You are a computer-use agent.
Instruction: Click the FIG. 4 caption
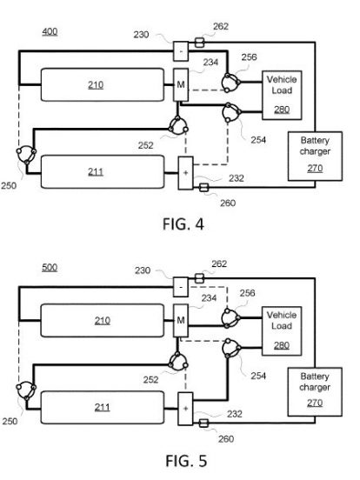click(x=183, y=224)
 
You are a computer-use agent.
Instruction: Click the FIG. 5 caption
click(x=186, y=461)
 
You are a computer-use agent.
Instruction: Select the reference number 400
click(x=50, y=31)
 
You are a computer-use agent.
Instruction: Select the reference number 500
click(x=50, y=268)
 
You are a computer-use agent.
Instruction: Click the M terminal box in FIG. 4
click(x=181, y=85)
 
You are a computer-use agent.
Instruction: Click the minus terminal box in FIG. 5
click(x=181, y=287)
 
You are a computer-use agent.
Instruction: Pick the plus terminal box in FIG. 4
click(x=185, y=173)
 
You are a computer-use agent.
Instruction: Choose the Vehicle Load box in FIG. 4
click(x=282, y=95)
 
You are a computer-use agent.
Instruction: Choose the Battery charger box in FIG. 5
click(x=315, y=392)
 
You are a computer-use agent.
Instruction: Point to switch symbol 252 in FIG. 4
click(x=178, y=126)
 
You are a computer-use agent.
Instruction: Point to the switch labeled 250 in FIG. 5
click(x=26, y=390)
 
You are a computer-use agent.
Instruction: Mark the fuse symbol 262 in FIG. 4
click(x=199, y=43)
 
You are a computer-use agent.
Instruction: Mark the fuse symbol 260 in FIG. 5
click(x=203, y=423)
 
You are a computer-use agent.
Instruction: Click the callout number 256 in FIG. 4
click(x=249, y=57)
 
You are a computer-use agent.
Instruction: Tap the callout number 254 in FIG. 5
click(x=258, y=376)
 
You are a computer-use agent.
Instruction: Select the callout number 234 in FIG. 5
click(x=209, y=298)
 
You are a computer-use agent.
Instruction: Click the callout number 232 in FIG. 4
click(x=236, y=178)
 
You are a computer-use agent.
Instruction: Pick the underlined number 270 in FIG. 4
click(x=315, y=168)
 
